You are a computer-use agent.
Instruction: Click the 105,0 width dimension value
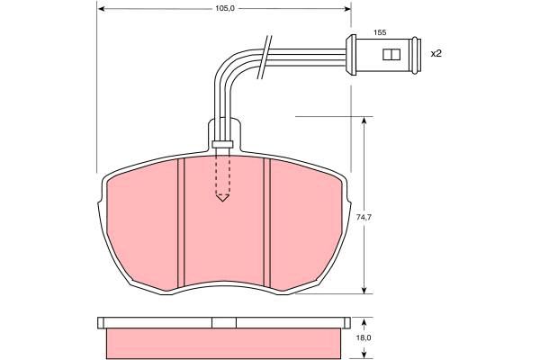pos(224,9)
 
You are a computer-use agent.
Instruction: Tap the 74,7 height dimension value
pos(364,218)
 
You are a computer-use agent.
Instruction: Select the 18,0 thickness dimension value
pos(364,338)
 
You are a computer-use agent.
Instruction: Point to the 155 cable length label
pos(380,32)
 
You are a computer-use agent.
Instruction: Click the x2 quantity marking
pos(436,53)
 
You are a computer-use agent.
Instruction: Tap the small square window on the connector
pos(391,54)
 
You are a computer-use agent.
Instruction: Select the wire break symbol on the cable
pos(265,57)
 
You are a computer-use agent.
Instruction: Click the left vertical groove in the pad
pos(181,222)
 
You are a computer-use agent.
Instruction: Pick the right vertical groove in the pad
pos(267,222)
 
